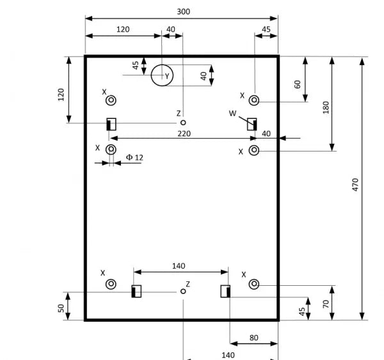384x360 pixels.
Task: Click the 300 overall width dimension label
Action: pos(184,12)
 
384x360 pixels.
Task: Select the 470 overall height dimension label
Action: pos(355,185)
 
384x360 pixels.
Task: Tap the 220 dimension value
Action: pos(184,134)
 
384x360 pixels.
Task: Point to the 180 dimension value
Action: pos(326,107)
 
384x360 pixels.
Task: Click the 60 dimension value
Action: pos(298,84)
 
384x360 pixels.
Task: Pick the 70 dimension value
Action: pos(326,304)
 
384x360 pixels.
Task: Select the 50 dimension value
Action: pos(61,308)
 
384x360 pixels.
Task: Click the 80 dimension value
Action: pos(253,338)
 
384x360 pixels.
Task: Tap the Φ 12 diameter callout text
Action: pos(134,157)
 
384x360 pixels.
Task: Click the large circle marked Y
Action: pos(162,65)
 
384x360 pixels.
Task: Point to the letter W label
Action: pos(233,113)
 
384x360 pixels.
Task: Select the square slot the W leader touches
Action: pos(252,124)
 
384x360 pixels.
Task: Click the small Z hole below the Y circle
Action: pos(183,122)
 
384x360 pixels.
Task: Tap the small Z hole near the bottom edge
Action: pos(183,291)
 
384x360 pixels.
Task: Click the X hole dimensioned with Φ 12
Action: pos(111,149)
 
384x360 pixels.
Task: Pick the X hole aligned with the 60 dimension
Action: pos(254,100)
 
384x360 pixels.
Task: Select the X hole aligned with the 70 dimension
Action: pos(254,284)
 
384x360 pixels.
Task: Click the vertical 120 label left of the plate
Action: pos(61,95)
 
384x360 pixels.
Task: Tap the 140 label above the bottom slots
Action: pos(179,266)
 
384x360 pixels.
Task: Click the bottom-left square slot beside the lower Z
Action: pos(136,291)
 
